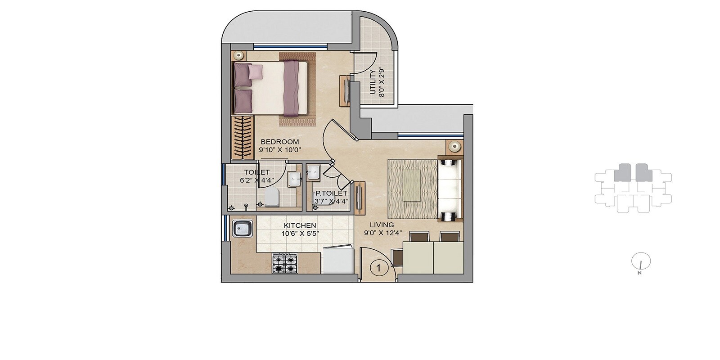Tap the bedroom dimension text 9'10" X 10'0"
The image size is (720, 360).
[279, 150]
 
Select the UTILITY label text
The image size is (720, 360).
[373, 82]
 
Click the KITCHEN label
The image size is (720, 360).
[299, 225]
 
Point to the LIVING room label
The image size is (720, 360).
[382, 225]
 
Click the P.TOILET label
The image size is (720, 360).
[331, 193]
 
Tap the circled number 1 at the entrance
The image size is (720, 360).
[379, 268]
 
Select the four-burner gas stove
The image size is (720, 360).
[285, 264]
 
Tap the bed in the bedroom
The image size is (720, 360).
[270, 88]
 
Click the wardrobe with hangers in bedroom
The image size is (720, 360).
[243, 137]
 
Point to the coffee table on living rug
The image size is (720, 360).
[412, 184]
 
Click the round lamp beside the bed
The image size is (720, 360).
[238, 55]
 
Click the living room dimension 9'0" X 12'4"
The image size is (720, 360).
[383, 233]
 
